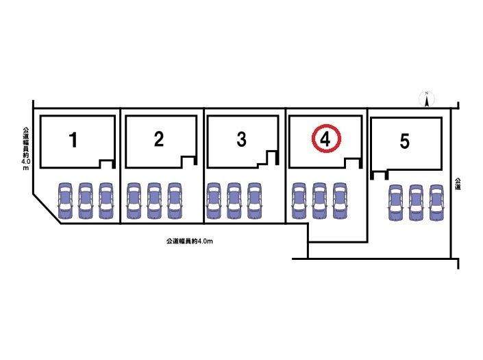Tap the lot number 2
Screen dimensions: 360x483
pos(159,140)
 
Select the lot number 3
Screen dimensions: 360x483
pos(241,140)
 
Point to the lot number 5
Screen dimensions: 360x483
pos(405,142)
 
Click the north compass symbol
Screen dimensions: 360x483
pos(426,100)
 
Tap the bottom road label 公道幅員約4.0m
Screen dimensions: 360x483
pos(186,241)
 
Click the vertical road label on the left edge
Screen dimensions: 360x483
pos(25,147)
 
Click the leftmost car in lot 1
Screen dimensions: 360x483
pos(64,200)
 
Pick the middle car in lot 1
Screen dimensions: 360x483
pos(85,200)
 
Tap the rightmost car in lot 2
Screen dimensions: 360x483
pos(175,200)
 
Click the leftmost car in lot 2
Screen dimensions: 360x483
pos(134,200)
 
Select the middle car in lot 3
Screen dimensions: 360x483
pos(234,200)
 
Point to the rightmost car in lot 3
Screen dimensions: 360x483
pos(255,200)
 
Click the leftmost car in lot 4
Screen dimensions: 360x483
pos(299,200)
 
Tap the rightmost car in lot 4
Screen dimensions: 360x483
pos(340,200)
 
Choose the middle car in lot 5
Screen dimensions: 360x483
pos(416,203)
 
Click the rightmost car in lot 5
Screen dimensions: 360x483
pos(436,203)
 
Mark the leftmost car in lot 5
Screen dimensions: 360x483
pos(395,203)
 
